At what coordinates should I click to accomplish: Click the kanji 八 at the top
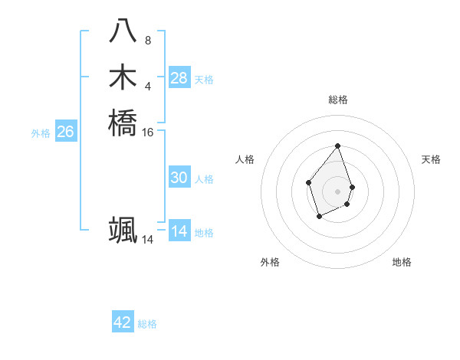pyautogui.click(x=123, y=31)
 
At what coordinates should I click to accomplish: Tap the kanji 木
pyautogui.click(x=123, y=77)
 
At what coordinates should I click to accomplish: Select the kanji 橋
pyautogui.click(x=123, y=122)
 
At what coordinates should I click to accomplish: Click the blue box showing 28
pyautogui.click(x=179, y=77)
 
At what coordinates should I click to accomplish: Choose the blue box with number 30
pyautogui.click(x=179, y=178)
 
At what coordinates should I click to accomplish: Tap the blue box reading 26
pyautogui.click(x=66, y=132)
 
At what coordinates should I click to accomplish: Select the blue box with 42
pyautogui.click(x=123, y=322)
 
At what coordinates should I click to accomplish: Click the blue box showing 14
pyautogui.click(x=179, y=231)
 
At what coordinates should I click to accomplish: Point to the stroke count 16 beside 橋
pyautogui.click(x=148, y=132)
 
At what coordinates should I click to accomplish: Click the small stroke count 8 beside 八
pyautogui.click(x=148, y=41)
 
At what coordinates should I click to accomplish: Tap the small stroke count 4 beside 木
pyautogui.click(x=148, y=86)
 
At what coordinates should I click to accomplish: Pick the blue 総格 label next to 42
pyautogui.click(x=147, y=324)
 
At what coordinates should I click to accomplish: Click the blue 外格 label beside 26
pyautogui.click(x=41, y=133)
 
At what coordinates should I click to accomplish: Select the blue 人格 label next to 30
pyautogui.click(x=204, y=179)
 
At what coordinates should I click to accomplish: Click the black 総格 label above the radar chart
pyautogui.click(x=337, y=100)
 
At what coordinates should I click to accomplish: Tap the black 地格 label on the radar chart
pyautogui.click(x=402, y=262)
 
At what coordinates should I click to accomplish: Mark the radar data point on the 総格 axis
pyautogui.click(x=337, y=146)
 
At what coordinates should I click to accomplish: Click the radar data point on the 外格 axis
pyautogui.click(x=319, y=217)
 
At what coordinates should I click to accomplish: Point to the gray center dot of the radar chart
pyautogui.click(x=337, y=191)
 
